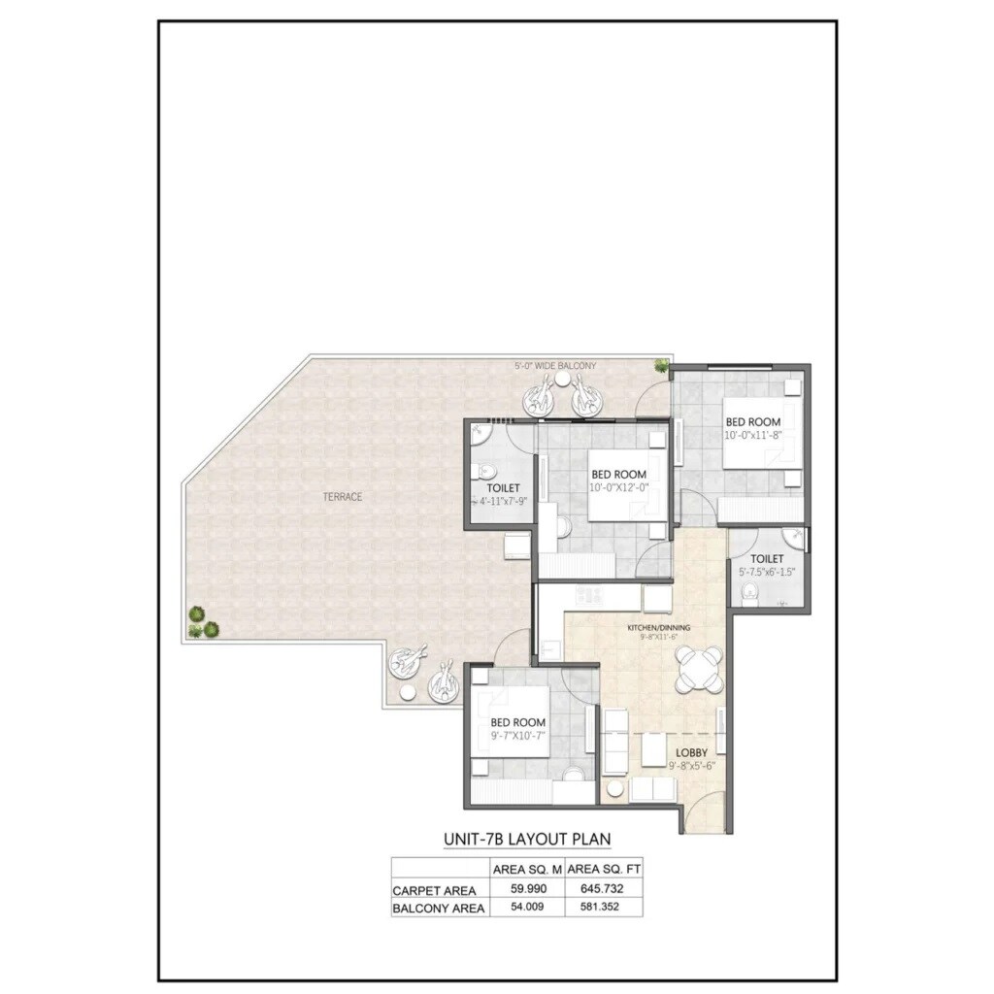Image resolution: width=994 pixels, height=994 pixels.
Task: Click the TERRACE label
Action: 343,497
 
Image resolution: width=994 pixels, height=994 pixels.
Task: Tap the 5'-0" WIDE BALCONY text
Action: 555,366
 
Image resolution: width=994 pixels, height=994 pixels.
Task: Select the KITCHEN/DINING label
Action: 657,629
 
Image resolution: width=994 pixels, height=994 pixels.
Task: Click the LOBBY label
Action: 691,752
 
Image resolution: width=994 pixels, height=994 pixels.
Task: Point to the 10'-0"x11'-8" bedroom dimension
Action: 753,437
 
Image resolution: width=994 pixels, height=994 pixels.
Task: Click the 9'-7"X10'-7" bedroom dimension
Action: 517,737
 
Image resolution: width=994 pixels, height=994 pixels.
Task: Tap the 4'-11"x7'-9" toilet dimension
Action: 502,502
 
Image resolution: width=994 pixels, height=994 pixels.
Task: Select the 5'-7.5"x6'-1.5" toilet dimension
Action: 767,573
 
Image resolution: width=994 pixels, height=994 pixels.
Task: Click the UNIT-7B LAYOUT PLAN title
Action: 527,838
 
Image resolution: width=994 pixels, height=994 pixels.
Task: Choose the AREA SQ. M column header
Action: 527,869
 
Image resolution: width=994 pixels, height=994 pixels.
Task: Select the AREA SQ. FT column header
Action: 605,869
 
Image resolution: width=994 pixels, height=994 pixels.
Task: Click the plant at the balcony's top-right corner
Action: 661,365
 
